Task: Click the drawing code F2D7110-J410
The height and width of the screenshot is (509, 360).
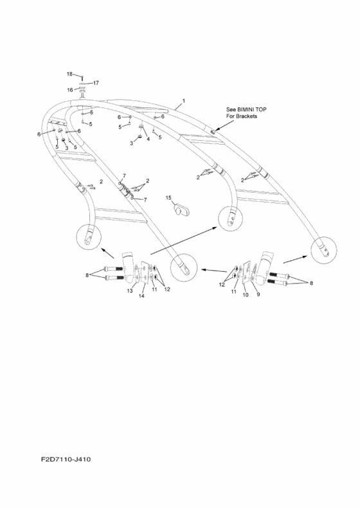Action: [66, 460]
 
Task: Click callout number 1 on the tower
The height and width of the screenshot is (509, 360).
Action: [183, 101]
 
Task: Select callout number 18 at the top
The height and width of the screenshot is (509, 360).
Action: [69, 74]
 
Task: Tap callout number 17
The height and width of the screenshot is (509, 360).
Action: [96, 83]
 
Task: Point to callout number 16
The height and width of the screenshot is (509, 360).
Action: [70, 90]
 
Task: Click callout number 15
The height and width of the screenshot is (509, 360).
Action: [168, 198]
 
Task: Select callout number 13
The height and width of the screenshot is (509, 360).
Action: [130, 290]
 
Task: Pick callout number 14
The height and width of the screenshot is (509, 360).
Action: [141, 296]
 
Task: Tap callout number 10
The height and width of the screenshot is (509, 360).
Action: [246, 295]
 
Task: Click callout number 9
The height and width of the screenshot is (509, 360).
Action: [258, 294]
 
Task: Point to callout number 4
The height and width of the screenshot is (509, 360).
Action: [148, 139]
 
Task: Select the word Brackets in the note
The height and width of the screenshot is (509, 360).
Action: [247, 116]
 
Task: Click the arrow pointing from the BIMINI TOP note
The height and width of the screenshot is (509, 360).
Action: [223, 126]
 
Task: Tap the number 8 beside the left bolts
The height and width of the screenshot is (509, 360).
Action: [87, 275]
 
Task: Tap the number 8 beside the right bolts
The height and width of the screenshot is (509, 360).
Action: [311, 283]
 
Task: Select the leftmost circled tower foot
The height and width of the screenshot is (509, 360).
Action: [89, 237]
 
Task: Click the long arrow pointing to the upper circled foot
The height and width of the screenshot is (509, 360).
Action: [184, 240]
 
